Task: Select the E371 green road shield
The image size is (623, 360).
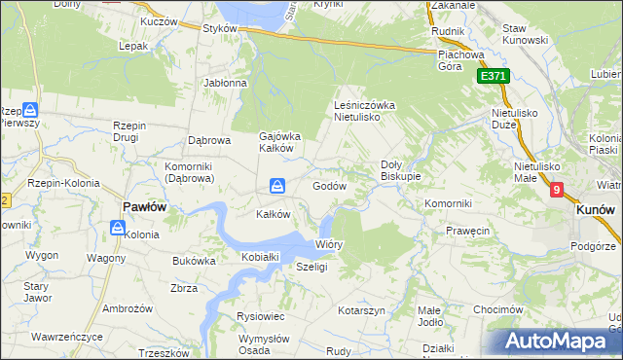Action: click(x=494, y=76)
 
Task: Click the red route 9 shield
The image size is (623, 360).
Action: click(x=556, y=191)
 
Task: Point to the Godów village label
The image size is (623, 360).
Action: click(x=330, y=185)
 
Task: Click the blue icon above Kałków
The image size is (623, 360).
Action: click(x=277, y=185)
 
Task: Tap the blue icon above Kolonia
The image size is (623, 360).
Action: click(x=118, y=229)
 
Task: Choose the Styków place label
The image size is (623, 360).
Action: click(x=221, y=29)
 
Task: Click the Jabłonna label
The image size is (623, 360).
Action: click(x=226, y=83)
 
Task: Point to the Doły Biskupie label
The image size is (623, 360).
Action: click(x=400, y=170)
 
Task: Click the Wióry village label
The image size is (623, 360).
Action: click(x=329, y=244)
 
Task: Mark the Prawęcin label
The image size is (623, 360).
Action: click(x=467, y=232)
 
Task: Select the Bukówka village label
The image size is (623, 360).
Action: click(x=194, y=261)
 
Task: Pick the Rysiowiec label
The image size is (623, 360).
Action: click(x=260, y=316)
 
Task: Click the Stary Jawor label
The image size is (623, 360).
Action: click(x=36, y=292)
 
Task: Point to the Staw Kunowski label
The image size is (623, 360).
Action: click(x=527, y=35)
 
